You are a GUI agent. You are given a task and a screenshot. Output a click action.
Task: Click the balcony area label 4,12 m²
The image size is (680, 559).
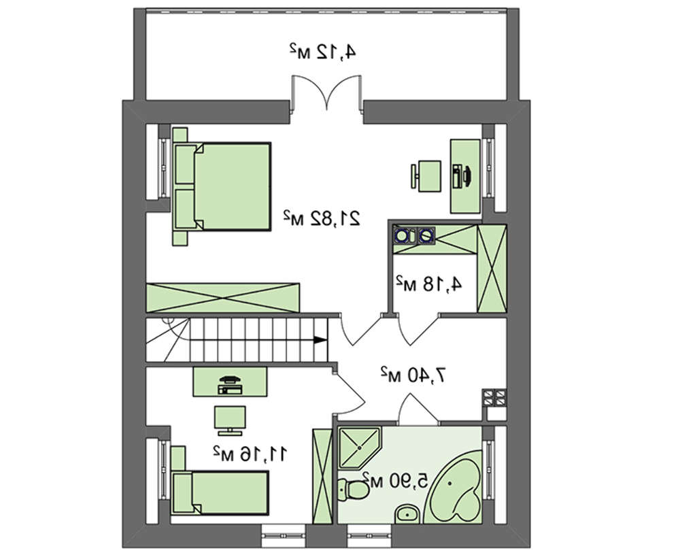tap(323, 52)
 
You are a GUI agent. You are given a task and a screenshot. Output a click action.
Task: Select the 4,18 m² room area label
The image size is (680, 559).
tap(428, 284)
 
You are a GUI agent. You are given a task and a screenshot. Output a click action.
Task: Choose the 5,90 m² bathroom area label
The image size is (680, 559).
tap(396, 480)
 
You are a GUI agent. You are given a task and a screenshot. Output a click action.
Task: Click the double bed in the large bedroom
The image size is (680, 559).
tap(222, 186)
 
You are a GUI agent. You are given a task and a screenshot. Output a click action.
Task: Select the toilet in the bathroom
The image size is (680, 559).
tap(353, 490)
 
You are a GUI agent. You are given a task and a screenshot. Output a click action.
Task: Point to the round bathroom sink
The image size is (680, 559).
tap(407, 515)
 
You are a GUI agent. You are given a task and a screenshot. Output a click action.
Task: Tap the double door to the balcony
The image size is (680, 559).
tap(326, 92)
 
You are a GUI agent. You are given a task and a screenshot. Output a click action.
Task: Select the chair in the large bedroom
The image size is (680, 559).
tap(426, 175)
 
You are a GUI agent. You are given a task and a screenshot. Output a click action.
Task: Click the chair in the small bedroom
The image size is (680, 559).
tap(230, 420)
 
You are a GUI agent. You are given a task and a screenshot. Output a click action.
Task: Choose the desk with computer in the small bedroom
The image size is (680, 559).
tap(230, 382)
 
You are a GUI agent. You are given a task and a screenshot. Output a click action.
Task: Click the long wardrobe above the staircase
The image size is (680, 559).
tap(223, 297)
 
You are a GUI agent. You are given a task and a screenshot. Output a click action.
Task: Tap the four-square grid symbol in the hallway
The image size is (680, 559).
tap(494, 398)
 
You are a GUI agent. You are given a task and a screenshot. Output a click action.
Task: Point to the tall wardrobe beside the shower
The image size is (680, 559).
tap(322, 476)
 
